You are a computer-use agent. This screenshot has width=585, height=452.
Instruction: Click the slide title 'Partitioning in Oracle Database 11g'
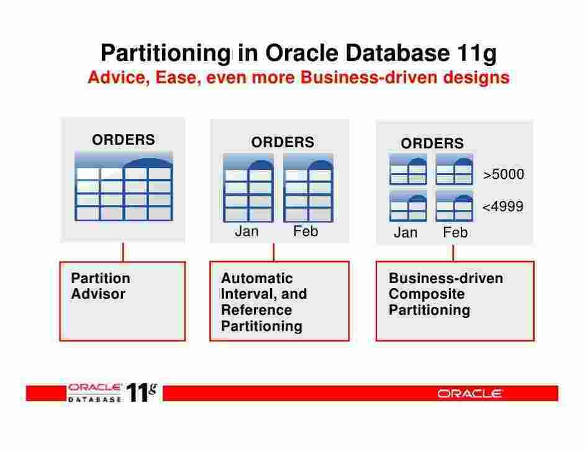[298, 53]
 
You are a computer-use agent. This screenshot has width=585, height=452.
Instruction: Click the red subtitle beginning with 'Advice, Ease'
[298, 78]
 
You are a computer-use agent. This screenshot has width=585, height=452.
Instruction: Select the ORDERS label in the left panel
[124, 140]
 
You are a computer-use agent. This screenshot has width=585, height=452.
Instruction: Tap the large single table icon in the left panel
[124, 186]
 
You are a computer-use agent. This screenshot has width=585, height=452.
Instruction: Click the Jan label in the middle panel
[247, 232]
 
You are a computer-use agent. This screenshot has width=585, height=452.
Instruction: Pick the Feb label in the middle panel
[306, 232]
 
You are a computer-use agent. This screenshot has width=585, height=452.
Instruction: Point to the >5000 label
[504, 175]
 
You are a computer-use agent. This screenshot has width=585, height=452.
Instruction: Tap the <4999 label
[503, 207]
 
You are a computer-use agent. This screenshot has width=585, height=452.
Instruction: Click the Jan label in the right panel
[406, 233]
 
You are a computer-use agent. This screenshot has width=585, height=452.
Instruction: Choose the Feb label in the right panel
[455, 233]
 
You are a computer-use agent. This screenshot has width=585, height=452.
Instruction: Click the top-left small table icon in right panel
[408, 169]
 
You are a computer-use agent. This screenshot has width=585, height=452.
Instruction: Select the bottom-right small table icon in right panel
[454, 206]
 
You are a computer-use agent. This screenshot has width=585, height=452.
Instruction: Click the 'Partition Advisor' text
[101, 286]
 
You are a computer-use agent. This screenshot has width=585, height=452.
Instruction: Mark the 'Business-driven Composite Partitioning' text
[445, 294]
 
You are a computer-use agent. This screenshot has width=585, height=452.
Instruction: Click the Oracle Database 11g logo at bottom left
[112, 393]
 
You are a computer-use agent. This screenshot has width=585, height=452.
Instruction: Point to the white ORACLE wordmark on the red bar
[469, 394]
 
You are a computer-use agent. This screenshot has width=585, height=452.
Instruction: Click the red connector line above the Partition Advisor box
[123, 251]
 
